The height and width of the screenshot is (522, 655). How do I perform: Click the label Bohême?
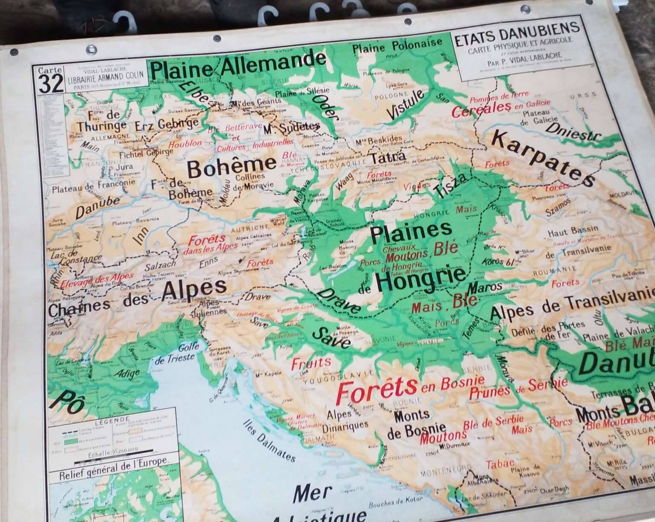click(231, 167)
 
